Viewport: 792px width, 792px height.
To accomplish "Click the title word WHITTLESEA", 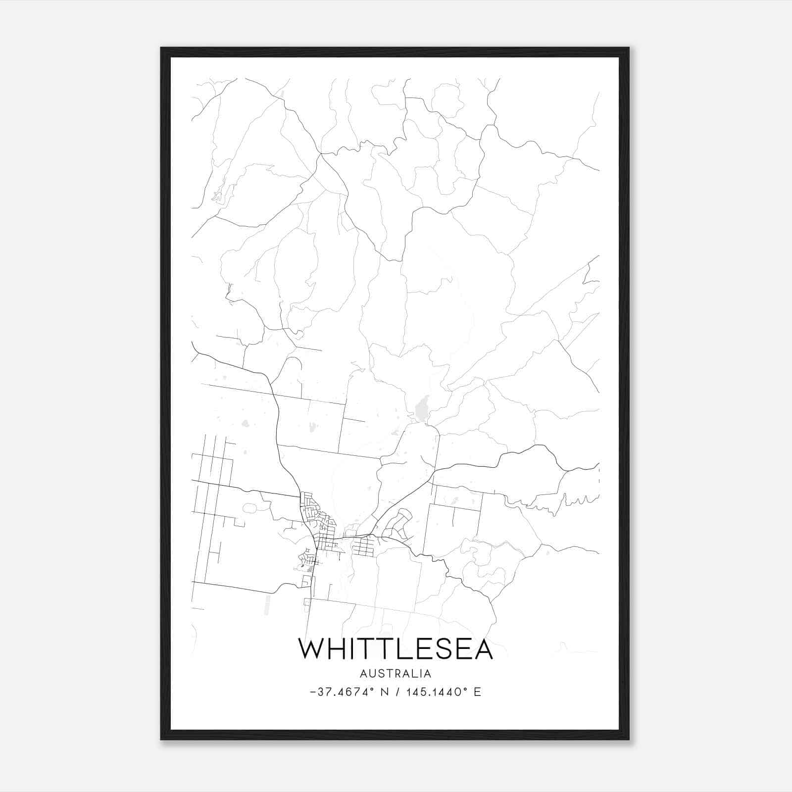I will click(x=396, y=649).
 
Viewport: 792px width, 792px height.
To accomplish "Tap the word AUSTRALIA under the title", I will click(x=396, y=674).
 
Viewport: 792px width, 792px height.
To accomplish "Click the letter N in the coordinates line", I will click(x=383, y=692).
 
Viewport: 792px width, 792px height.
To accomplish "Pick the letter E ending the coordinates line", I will click(x=477, y=692).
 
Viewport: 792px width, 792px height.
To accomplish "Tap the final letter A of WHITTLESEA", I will click(x=483, y=649).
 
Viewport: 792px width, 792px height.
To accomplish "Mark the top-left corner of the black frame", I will click(x=161, y=48).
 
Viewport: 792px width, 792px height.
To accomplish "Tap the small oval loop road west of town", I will click(x=249, y=508).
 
